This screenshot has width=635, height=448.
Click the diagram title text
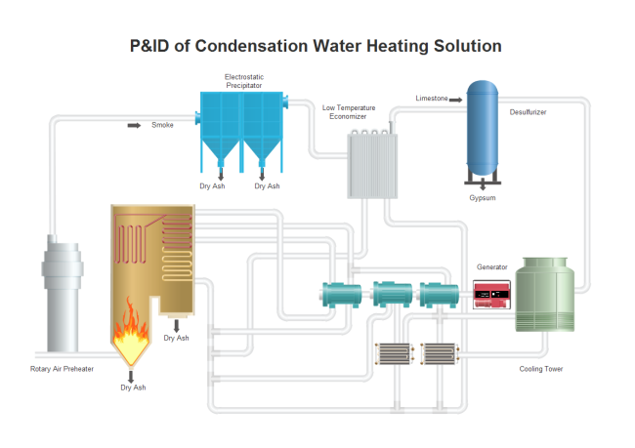316,46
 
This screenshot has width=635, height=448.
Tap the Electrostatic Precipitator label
243,81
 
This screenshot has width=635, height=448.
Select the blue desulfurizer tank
481,128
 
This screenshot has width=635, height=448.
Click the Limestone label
431,99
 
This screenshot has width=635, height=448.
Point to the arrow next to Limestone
456,99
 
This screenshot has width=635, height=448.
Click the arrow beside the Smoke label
134,125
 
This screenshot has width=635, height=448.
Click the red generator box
492,294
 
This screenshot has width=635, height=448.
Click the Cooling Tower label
541,369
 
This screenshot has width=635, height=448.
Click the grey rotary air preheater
57,293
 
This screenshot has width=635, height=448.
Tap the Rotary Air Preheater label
62,369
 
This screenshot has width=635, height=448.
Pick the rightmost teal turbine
438,293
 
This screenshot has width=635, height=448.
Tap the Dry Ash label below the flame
133,387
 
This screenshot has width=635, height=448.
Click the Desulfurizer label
528,112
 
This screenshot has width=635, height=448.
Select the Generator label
491,266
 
